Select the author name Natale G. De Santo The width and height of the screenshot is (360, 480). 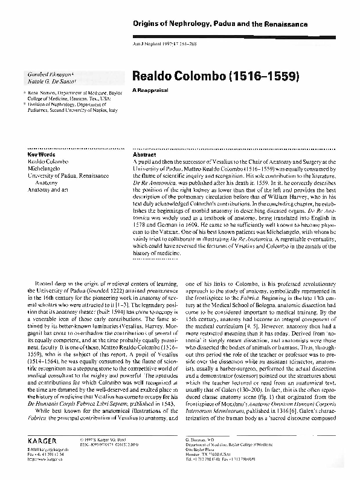pyautogui.click(x=45, y=80)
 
